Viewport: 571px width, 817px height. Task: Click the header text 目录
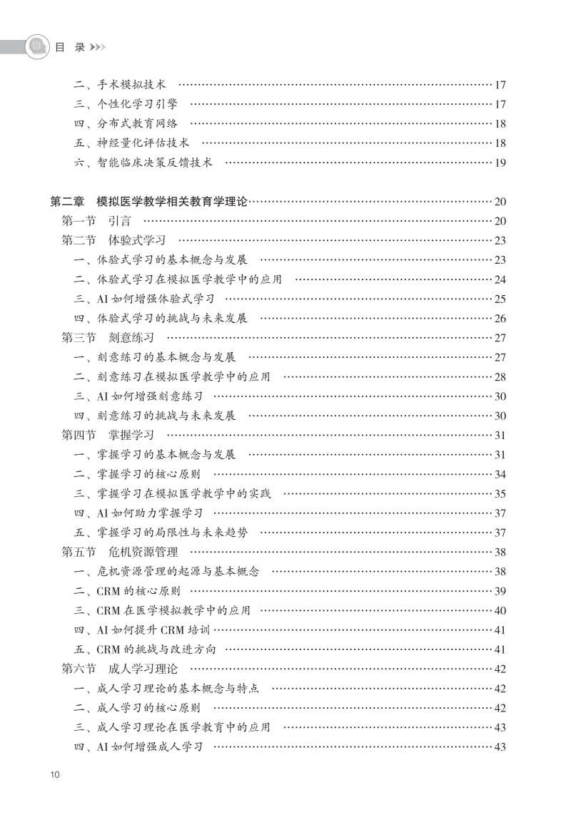69,47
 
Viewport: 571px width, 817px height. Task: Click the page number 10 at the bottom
56,775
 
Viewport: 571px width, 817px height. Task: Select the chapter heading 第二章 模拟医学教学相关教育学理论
148,202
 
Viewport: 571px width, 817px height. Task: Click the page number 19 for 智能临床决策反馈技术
500,163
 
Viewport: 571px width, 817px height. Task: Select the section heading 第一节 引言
96,221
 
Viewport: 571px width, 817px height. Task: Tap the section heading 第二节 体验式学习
113,240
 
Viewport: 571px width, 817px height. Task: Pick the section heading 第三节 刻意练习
108,337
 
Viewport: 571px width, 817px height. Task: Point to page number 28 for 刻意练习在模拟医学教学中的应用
500,376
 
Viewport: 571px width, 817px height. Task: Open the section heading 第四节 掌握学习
108,435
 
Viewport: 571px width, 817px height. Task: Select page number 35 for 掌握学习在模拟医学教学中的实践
500,493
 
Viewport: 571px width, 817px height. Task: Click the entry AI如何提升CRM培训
143,630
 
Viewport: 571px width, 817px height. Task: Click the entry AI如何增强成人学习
138,746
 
